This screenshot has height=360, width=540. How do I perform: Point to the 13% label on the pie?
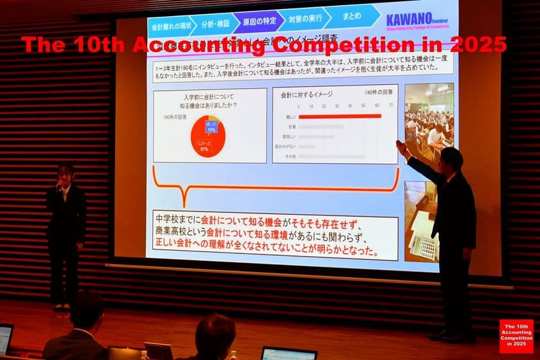pos(211,128)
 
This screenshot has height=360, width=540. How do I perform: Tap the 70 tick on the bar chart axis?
pos(390,106)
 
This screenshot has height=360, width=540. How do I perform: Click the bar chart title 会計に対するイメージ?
pos(307,94)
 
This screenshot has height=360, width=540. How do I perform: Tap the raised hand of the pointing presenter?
pos(401,146)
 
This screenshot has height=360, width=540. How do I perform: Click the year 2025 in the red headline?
pos(480,45)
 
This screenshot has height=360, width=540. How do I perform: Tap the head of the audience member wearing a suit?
pos(86,310)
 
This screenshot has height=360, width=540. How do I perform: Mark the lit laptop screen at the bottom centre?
pos(288,353)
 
